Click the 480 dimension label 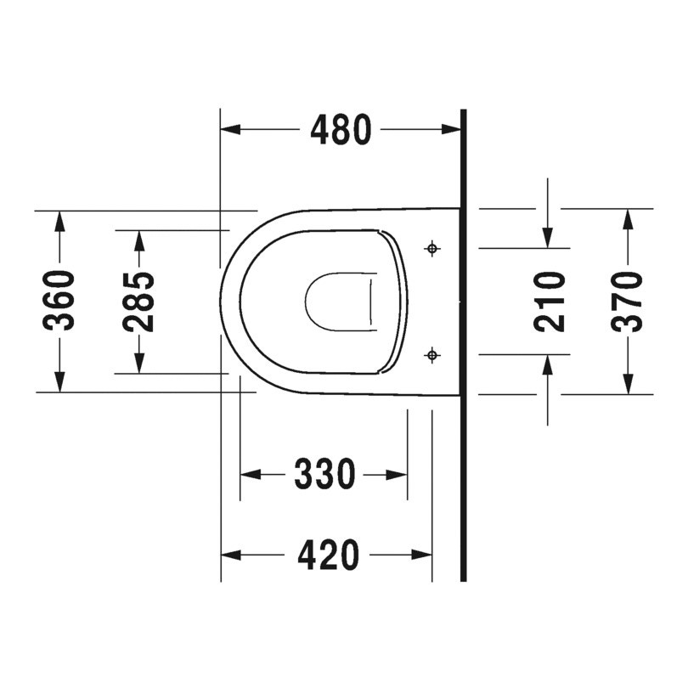tap(341, 130)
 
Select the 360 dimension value tap(60, 301)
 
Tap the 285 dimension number tap(138, 301)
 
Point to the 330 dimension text tap(324, 474)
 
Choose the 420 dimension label tap(328, 555)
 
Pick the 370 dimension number tap(628, 301)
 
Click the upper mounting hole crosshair tap(433, 248)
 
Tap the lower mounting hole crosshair tap(433, 353)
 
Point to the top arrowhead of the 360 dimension tap(60, 219)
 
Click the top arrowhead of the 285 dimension tap(138, 240)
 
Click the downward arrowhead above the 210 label tap(549, 238)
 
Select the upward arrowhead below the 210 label tap(549, 364)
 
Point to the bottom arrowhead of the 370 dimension tap(628, 384)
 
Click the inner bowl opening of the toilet tap(338, 301)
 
